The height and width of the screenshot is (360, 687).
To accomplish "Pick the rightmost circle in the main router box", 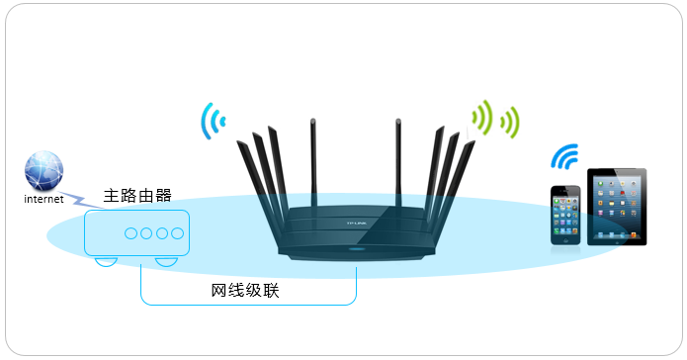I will pos(177,234).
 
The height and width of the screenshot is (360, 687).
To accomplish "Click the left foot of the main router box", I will pos(105,262).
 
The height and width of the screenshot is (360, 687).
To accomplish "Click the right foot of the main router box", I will pos(165,262).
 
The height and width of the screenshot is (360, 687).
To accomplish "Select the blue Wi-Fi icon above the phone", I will pos(564,158).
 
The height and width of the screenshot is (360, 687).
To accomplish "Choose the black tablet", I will pos(617,206).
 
